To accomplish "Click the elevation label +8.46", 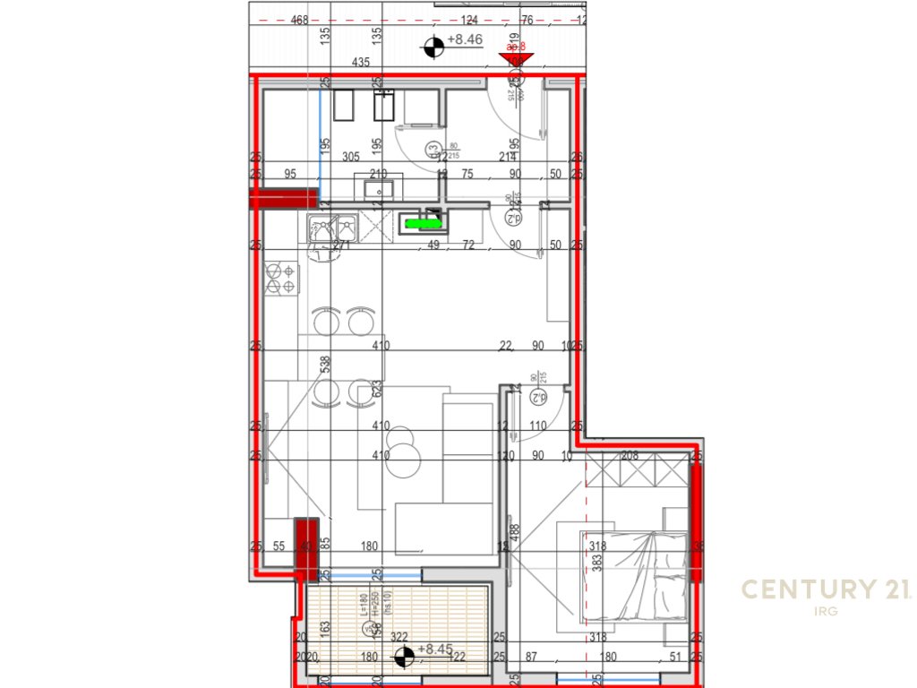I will point(465,39).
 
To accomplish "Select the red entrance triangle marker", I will point(516,59).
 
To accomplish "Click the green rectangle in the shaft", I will point(417,222).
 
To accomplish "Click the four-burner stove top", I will point(280,279).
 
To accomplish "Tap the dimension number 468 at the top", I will point(301,21).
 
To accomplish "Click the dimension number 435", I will point(361,62).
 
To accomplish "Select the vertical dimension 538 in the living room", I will point(327,364).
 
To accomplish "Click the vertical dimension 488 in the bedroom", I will point(516,533).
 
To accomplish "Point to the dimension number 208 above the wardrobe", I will point(630,456).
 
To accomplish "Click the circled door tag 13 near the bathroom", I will point(433,149).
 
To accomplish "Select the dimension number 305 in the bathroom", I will point(352,156).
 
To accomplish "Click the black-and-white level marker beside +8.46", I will point(433,46).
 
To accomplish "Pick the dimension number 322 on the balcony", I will point(399,637).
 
